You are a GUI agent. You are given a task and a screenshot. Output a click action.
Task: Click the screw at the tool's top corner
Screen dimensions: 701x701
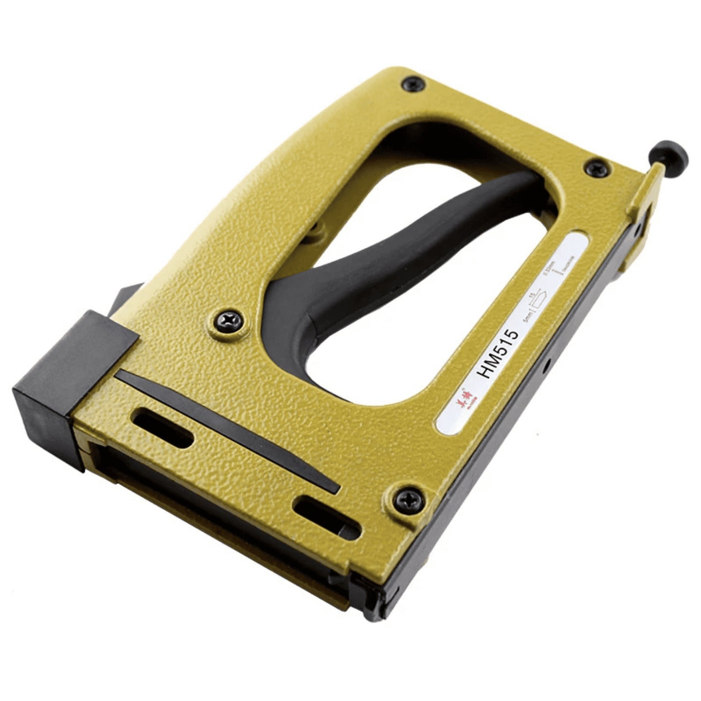413,85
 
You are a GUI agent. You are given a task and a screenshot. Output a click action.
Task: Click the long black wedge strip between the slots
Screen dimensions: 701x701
229,431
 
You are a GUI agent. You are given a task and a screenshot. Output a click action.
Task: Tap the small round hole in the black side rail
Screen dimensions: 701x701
547,361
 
